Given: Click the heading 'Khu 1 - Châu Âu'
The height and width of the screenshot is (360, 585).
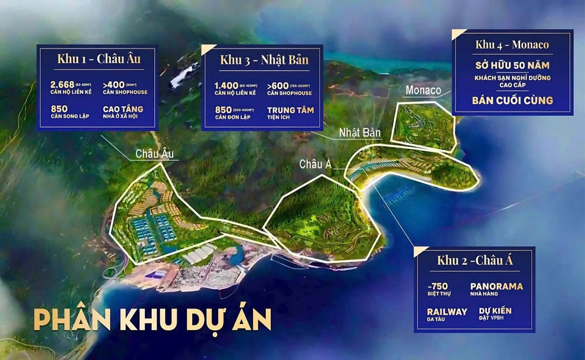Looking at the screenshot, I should click(99, 59).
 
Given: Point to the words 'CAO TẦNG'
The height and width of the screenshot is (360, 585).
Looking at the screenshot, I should click(123, 109).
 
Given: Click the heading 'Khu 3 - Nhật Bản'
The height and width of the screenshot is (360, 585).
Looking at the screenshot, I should click(264, 60).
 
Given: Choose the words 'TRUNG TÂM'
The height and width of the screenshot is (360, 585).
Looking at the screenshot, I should click(290, 110).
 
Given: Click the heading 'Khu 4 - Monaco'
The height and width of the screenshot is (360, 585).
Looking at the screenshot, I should click(512, 45).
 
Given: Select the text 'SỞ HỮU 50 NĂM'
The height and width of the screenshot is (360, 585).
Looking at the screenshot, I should click(512, 66).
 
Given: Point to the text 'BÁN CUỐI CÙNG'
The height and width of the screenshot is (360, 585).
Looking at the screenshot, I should click(512, 100).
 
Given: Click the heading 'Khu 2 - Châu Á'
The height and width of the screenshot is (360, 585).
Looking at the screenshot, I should click(475, 260).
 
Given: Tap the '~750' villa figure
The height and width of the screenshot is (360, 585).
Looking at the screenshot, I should click(438, 287).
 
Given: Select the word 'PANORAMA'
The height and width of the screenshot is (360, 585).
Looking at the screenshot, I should click(496, 287).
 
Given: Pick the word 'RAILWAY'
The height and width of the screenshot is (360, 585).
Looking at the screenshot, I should click(447, 311).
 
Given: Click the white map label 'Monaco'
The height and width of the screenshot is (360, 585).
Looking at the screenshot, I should click(423, 90).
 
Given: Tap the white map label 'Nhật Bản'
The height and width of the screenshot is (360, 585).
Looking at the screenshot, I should click(360, 133).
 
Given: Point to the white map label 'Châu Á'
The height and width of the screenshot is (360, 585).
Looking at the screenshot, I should click(315, 165).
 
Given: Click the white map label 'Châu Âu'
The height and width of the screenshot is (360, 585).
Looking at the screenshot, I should click(154, 154).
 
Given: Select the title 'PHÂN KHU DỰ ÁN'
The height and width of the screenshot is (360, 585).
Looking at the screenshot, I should click(152, 320).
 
